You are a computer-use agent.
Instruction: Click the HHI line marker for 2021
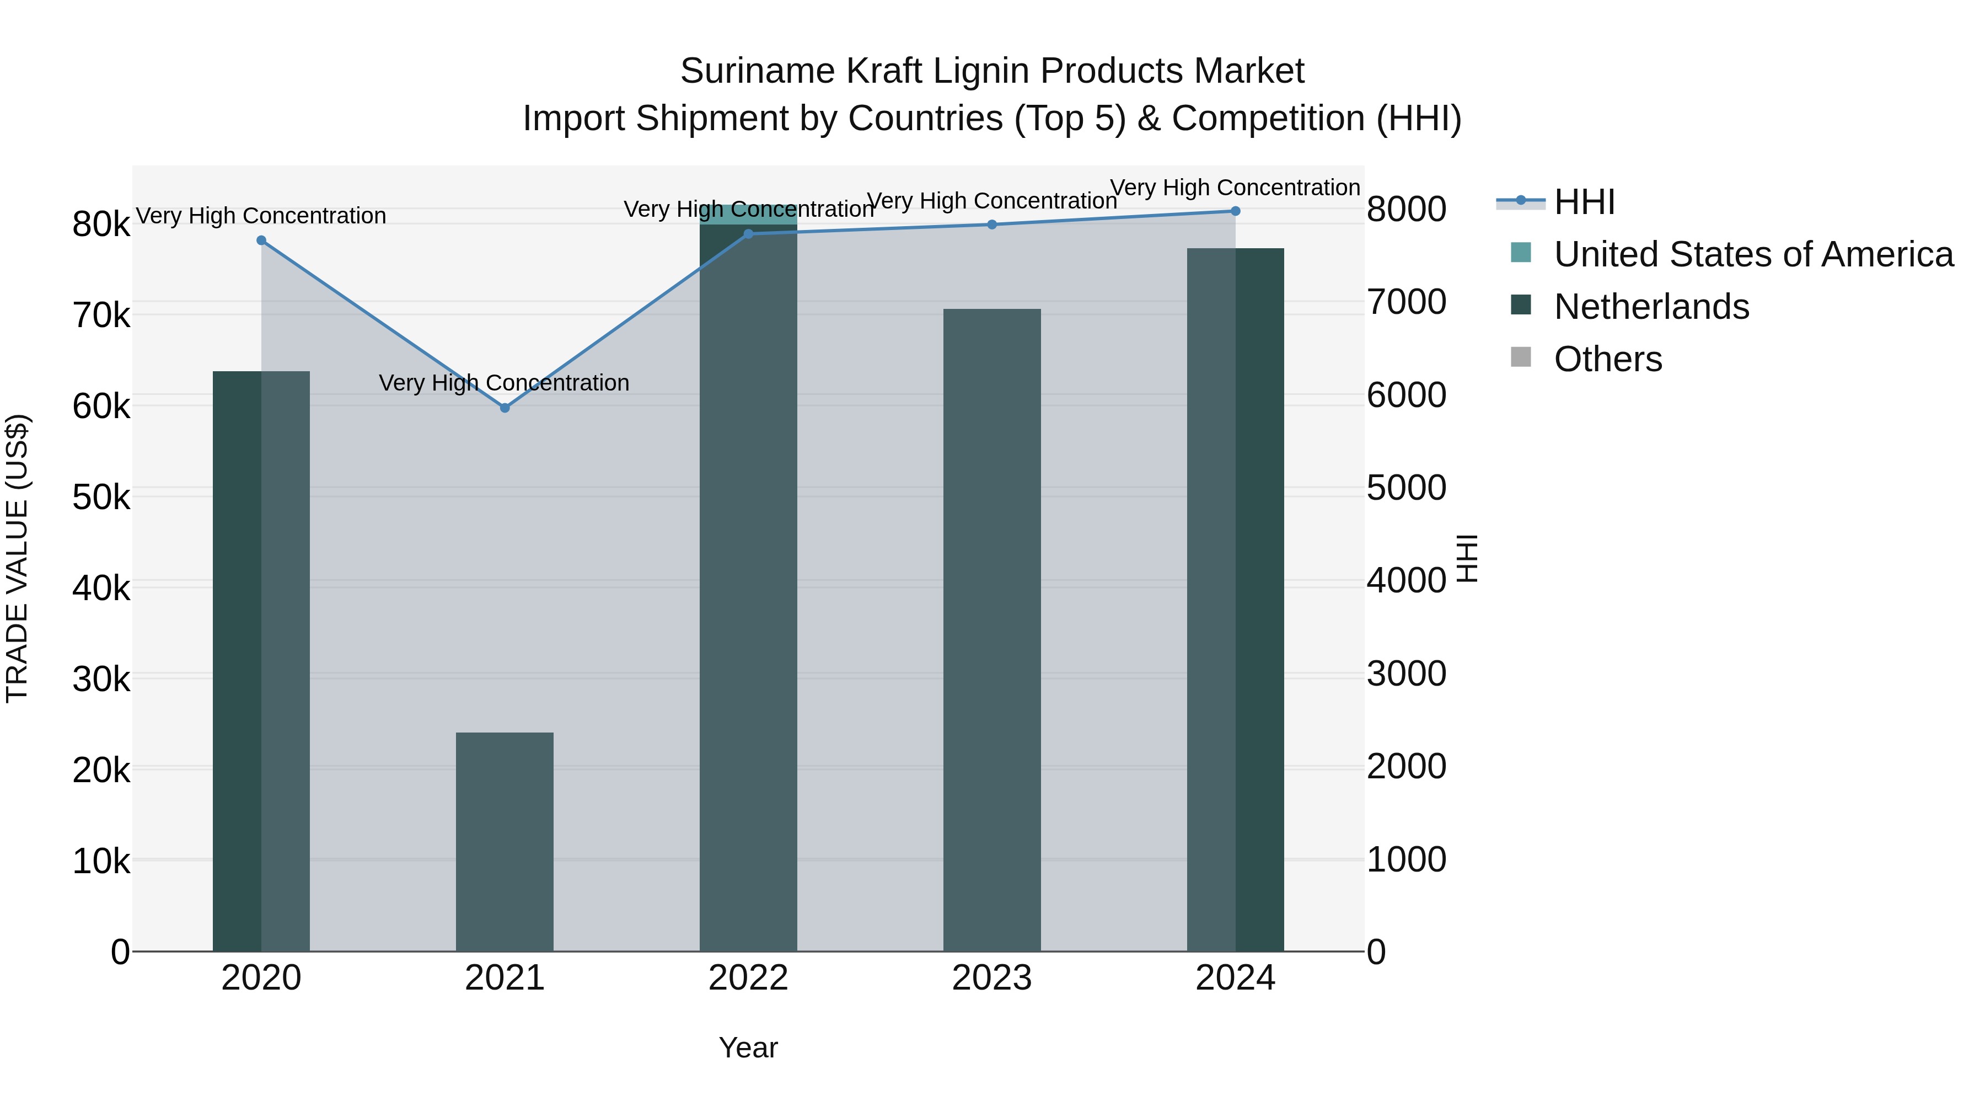tap(505, 408)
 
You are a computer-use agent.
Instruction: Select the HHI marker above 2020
tap(261, 240)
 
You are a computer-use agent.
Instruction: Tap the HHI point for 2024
tap(1235, 211)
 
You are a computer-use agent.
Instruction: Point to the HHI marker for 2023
tap(992, 225)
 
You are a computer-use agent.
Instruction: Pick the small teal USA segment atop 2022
tap(748, 215)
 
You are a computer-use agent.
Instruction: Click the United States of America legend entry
tap(1753, 254)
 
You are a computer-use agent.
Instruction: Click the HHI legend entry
tap(1584, 202)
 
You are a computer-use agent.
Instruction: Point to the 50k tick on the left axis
tap(101, 497)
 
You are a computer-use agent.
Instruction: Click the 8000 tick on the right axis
tap(1406, 209)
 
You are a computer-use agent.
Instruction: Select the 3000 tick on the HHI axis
tap(1406, 674)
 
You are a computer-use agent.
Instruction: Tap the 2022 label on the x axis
tap(748, 978)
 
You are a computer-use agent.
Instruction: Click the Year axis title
tap(748, 1047)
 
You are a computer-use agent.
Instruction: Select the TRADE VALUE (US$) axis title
tap(17, 558)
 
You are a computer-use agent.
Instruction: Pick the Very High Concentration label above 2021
tap(504, 383)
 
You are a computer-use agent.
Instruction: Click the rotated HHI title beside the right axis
tap(1468, 558)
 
